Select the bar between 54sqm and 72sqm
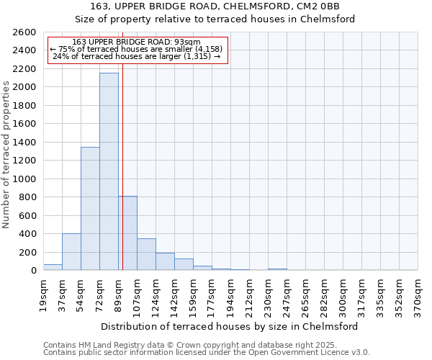[x=90, y=209]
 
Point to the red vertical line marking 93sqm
[x=123, y=144]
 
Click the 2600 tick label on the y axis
[x=24, y=32]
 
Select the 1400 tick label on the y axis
[x=24, y=143]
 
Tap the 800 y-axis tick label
[x=27, y=197]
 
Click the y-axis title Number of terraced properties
[x=6, y=155]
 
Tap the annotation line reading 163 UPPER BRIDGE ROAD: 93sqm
[x=137, y=42]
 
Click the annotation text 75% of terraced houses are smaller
[x=137, y=49]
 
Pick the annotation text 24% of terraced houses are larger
[x=137, y=55]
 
